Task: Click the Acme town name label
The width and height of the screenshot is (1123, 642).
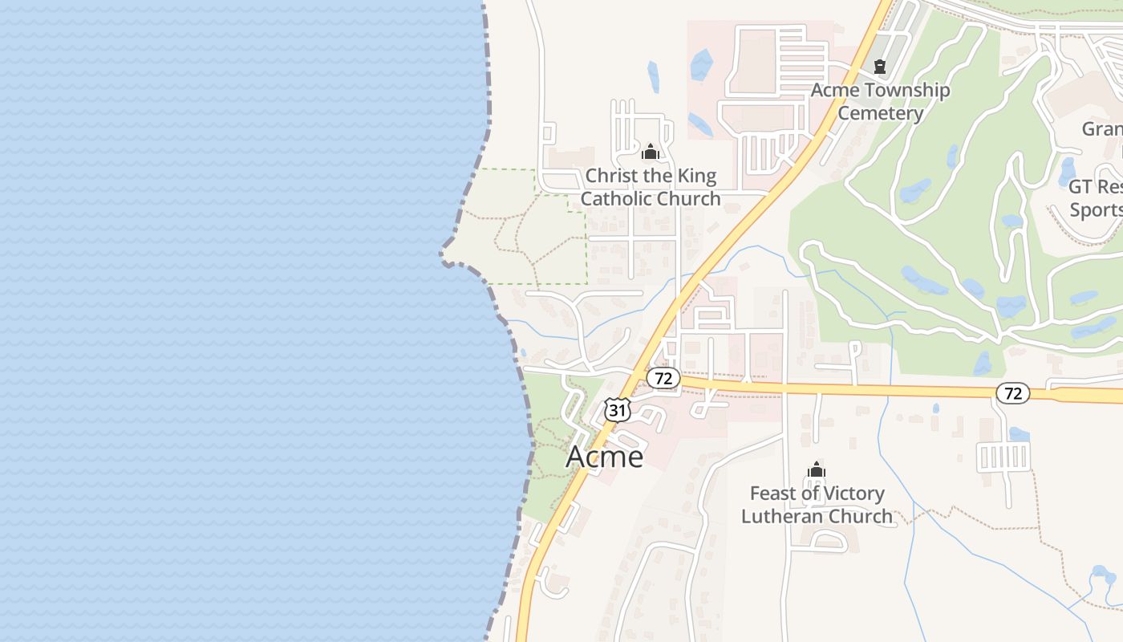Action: point(605,457)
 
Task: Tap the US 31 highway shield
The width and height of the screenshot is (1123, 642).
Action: point(617,409)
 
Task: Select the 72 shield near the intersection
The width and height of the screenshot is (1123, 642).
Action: point(663,378)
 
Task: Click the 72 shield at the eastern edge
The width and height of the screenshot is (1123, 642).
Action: point(1013,393)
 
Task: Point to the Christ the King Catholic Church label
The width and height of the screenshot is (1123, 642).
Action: point(651,187)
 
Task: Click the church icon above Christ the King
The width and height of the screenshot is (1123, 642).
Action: point(651,152)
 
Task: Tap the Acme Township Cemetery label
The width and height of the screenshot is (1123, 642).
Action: point(880,101)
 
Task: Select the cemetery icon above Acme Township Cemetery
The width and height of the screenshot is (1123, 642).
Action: point(880,66)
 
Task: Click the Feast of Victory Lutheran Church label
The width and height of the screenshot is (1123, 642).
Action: point(817,505)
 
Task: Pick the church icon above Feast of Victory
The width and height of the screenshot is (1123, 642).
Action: point(817,469)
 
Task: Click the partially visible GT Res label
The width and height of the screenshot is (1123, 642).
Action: point(1096,187)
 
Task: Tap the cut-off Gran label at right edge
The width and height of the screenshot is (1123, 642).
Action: point(1102,128)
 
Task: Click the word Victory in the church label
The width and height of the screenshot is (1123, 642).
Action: point(852,494)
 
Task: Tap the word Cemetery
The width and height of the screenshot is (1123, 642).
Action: point(880,112)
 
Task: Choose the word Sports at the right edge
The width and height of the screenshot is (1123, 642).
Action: point(1097,209)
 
